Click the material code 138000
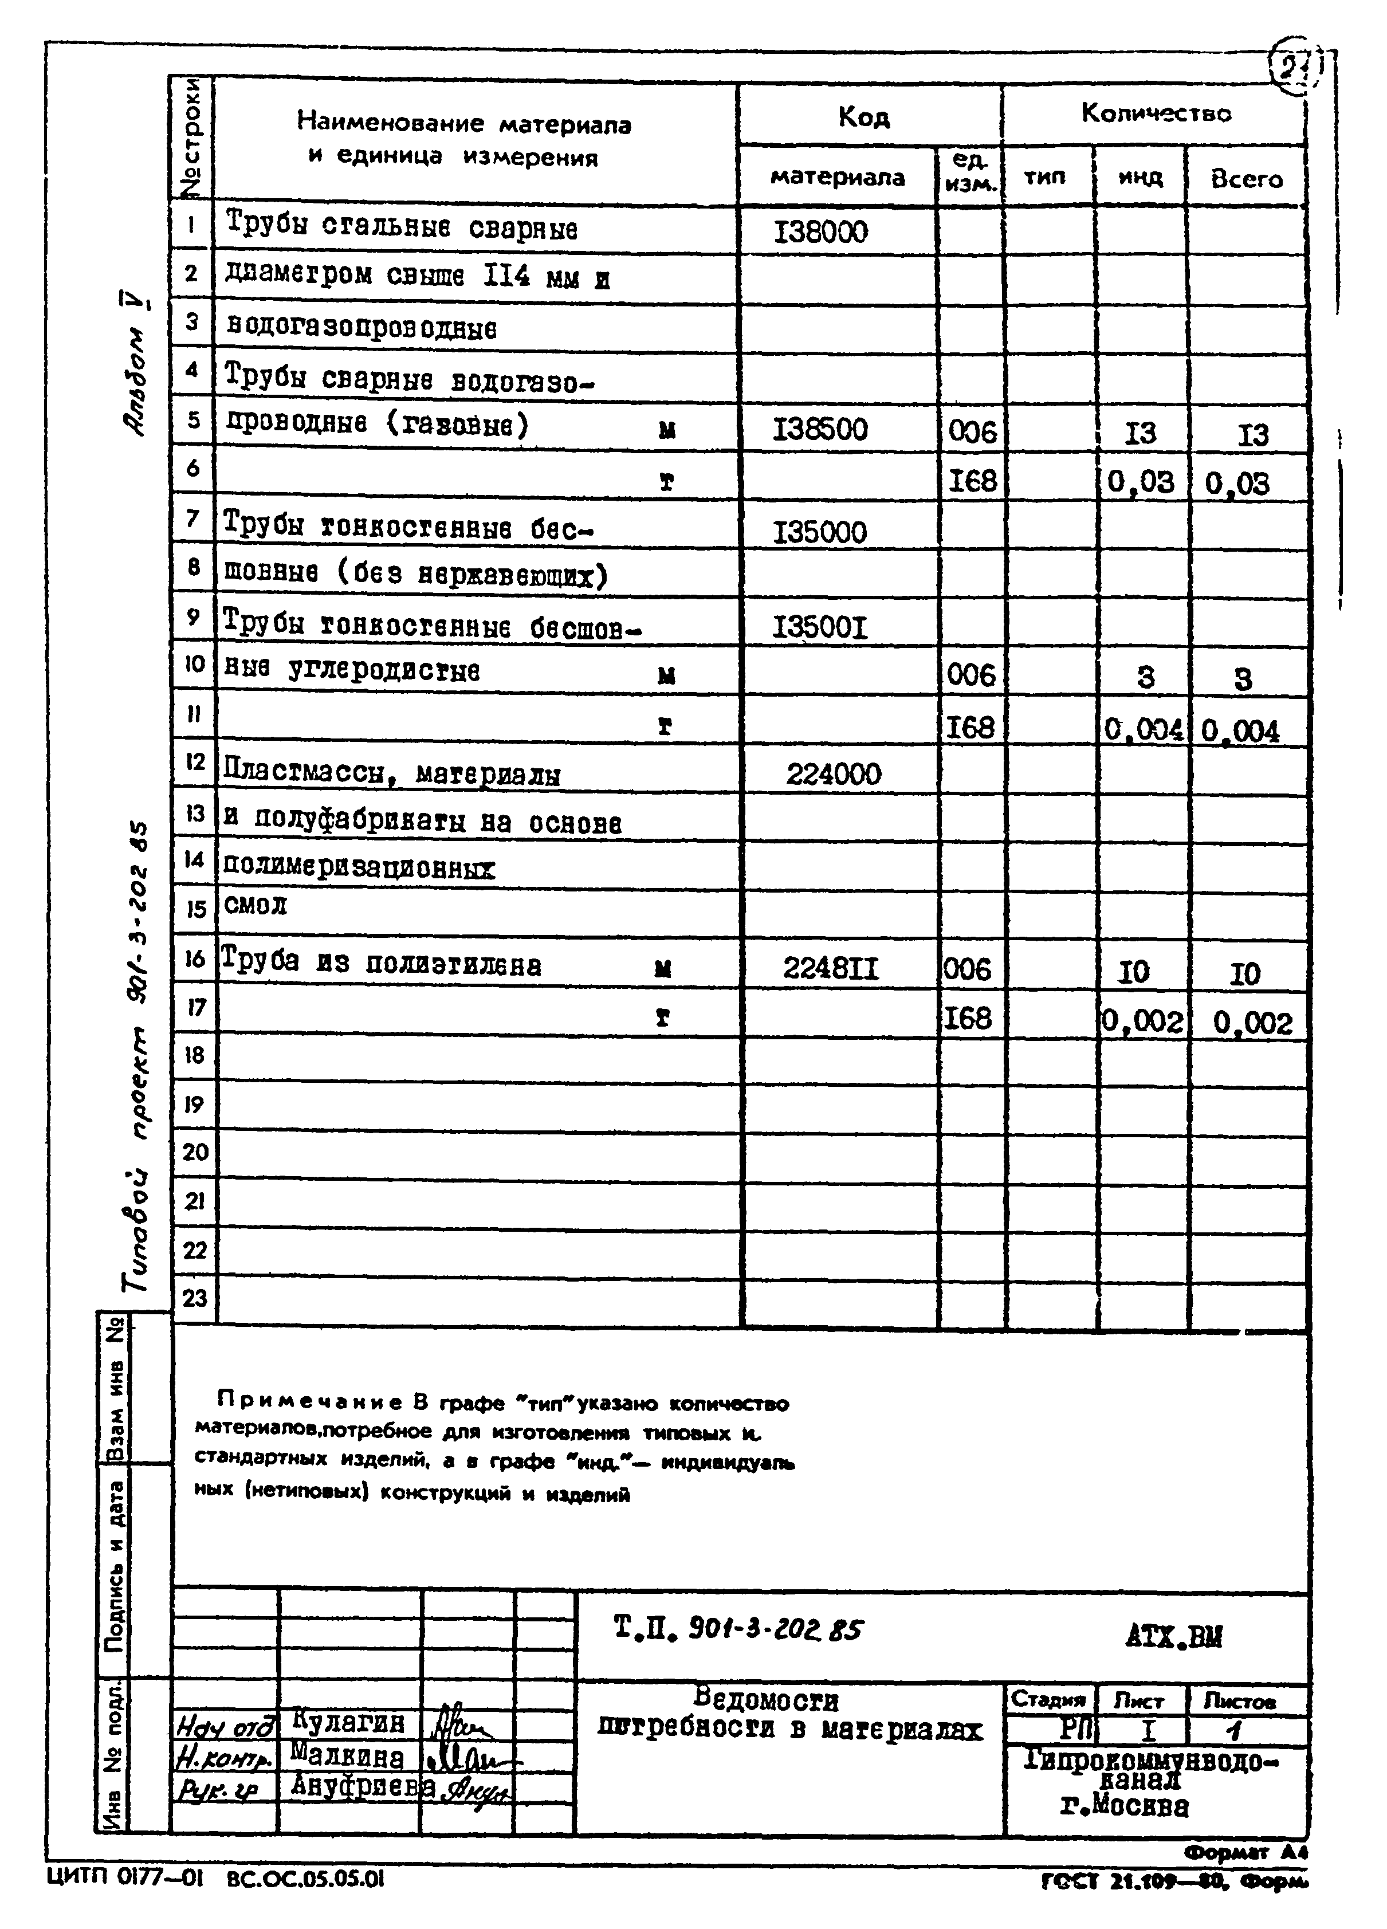coord(820,231)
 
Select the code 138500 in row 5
coord(820,430)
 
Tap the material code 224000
coord(834,774)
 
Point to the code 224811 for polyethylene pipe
coord(831,969)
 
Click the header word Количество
coord(1156,113)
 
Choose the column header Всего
coord(1246,179)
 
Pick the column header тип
coord(1044,177)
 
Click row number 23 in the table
coord(195,1298)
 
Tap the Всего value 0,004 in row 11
coord(1241,732)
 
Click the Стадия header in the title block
coord(1048,1700)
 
